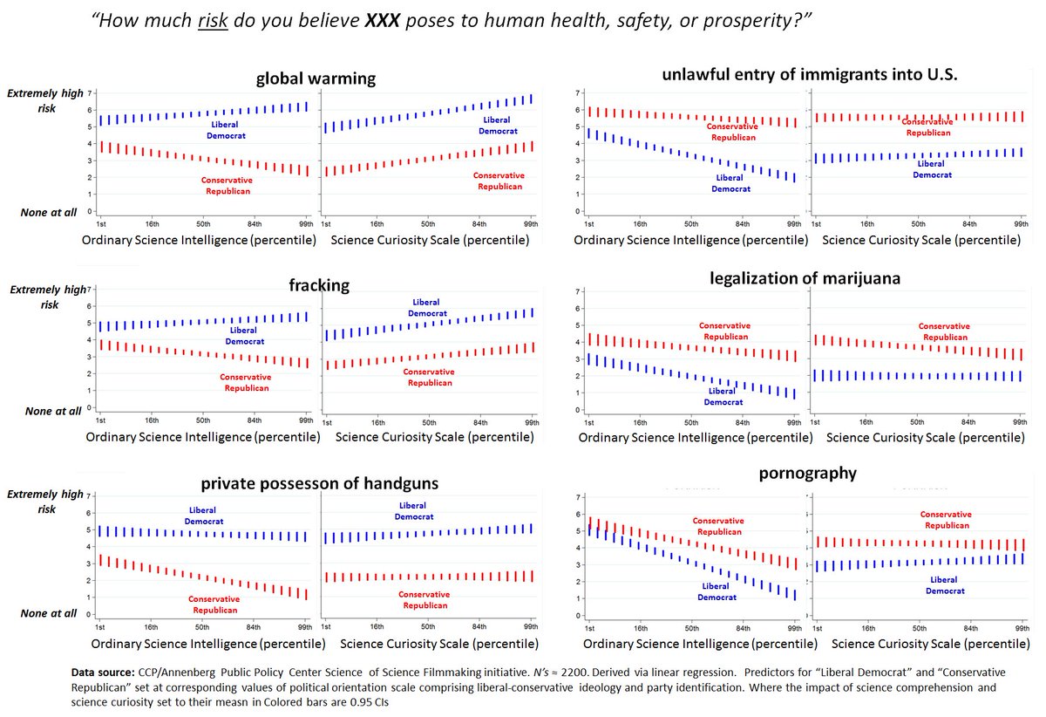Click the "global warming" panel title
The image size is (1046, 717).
(x=316, y=79)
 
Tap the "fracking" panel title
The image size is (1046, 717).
(x=319, y=284)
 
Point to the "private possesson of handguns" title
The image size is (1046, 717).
(x=319, y=482)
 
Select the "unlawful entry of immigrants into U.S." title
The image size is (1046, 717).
(x=810, y=75)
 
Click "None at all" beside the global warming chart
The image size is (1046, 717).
(x=50, y=212)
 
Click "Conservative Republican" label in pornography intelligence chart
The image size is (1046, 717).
(x=717, y=526)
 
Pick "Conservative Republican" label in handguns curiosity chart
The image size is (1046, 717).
(x=424, y=600)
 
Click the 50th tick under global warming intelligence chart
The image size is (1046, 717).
(x=203, y=224)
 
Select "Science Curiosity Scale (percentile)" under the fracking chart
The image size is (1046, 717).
(x=432, y=436)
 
